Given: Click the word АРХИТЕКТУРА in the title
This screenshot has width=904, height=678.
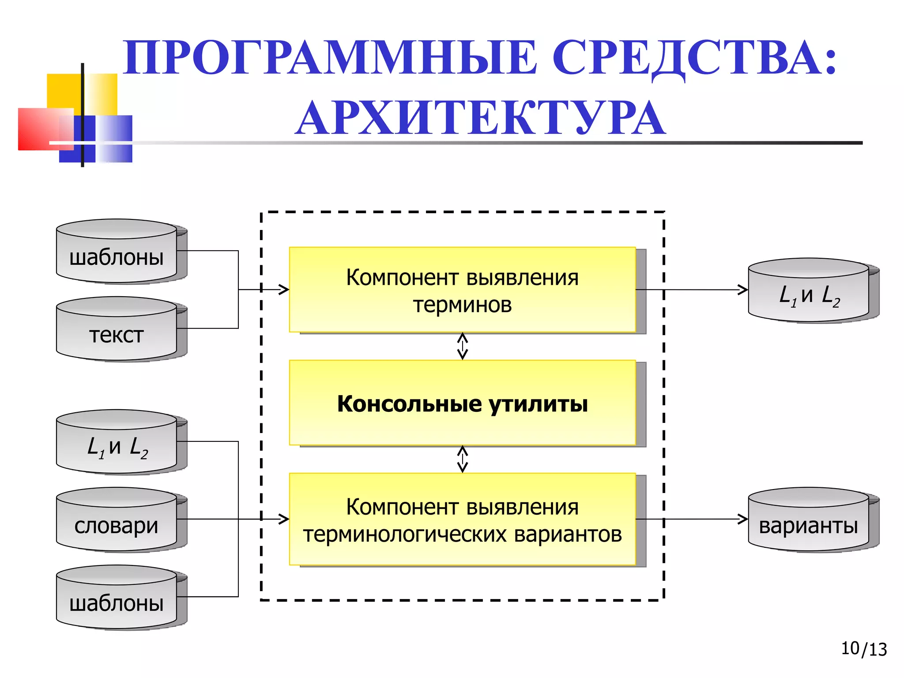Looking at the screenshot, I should tap(480, 118).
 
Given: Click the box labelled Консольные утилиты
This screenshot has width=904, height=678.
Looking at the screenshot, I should tap(462, 403).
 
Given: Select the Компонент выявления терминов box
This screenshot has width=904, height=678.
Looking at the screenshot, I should tap(462, 290).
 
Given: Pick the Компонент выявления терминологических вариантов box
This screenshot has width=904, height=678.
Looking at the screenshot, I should tap(462, 520).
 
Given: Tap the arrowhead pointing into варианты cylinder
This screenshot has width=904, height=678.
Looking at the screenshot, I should tap(743, 519).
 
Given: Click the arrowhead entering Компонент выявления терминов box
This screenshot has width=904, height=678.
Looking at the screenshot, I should tap(284, 290).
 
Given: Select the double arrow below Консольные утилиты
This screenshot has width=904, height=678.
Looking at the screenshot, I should tap(462, 459).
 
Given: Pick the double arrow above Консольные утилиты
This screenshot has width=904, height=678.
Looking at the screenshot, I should tap(462, 346).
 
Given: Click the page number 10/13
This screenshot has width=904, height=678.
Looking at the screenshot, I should tap(863, 649).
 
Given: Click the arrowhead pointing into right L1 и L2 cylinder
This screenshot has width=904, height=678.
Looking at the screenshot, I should tap(743, 290).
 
